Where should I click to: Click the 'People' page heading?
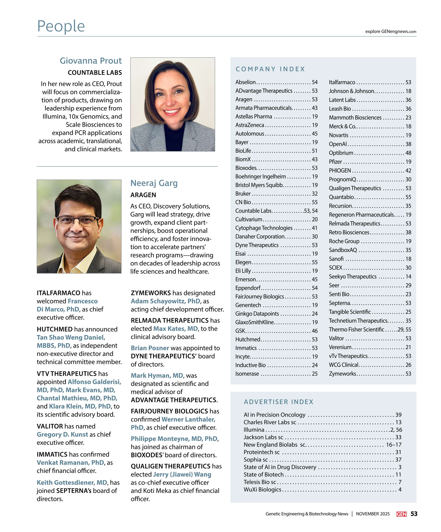point(61,26)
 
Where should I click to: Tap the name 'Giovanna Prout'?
point(91,61)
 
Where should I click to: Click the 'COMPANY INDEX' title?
point(270,69)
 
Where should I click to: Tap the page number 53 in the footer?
point(414,514)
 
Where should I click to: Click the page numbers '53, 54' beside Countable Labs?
point(310,211)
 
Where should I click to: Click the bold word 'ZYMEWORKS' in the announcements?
point(151,293)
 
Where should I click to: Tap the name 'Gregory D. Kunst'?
point(62,434)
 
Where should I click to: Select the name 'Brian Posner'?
point(150,348)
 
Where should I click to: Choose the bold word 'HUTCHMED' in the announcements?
point(55,329)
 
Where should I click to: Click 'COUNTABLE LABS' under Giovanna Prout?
point(95,73)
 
